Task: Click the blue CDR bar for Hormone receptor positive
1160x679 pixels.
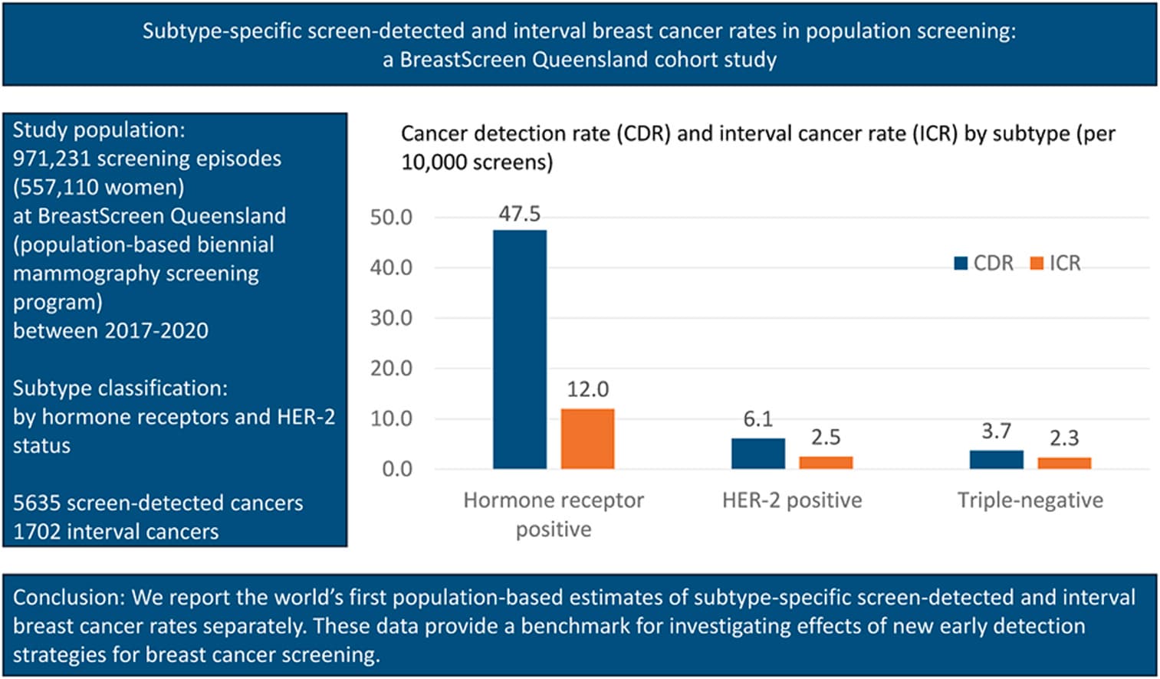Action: (x=519, y=349)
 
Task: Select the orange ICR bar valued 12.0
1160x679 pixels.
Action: (x=588, y=439)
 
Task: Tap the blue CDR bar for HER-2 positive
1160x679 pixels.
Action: (x=758, y=454)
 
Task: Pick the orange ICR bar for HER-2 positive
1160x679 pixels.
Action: (x=826, y=463)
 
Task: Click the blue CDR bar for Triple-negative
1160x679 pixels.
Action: (x=997, y=460)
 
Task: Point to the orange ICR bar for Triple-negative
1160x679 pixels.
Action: (x=1064, y=463)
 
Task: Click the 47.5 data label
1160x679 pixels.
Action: (x=519, y=214)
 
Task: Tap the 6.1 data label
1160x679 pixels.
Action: (x=758, y=418)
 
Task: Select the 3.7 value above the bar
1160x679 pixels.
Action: (x=997, y=431)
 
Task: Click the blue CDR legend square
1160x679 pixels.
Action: (x=961, y=264)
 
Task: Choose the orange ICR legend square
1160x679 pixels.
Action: (x=1037, y=264)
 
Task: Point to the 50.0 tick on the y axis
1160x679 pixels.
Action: (x=391, y=218)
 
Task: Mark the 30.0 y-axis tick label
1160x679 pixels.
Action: (x=391, y=318)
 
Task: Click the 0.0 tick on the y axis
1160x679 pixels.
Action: (x=397, y=469)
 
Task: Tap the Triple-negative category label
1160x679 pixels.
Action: (x=1030, y=500)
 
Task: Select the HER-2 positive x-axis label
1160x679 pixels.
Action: (x=792, y=500)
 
